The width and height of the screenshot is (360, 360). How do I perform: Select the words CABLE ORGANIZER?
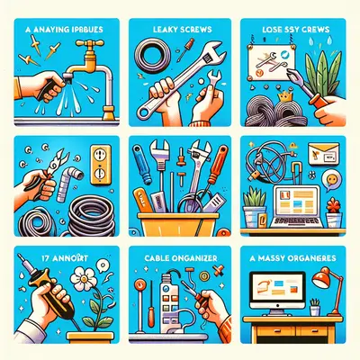180,256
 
